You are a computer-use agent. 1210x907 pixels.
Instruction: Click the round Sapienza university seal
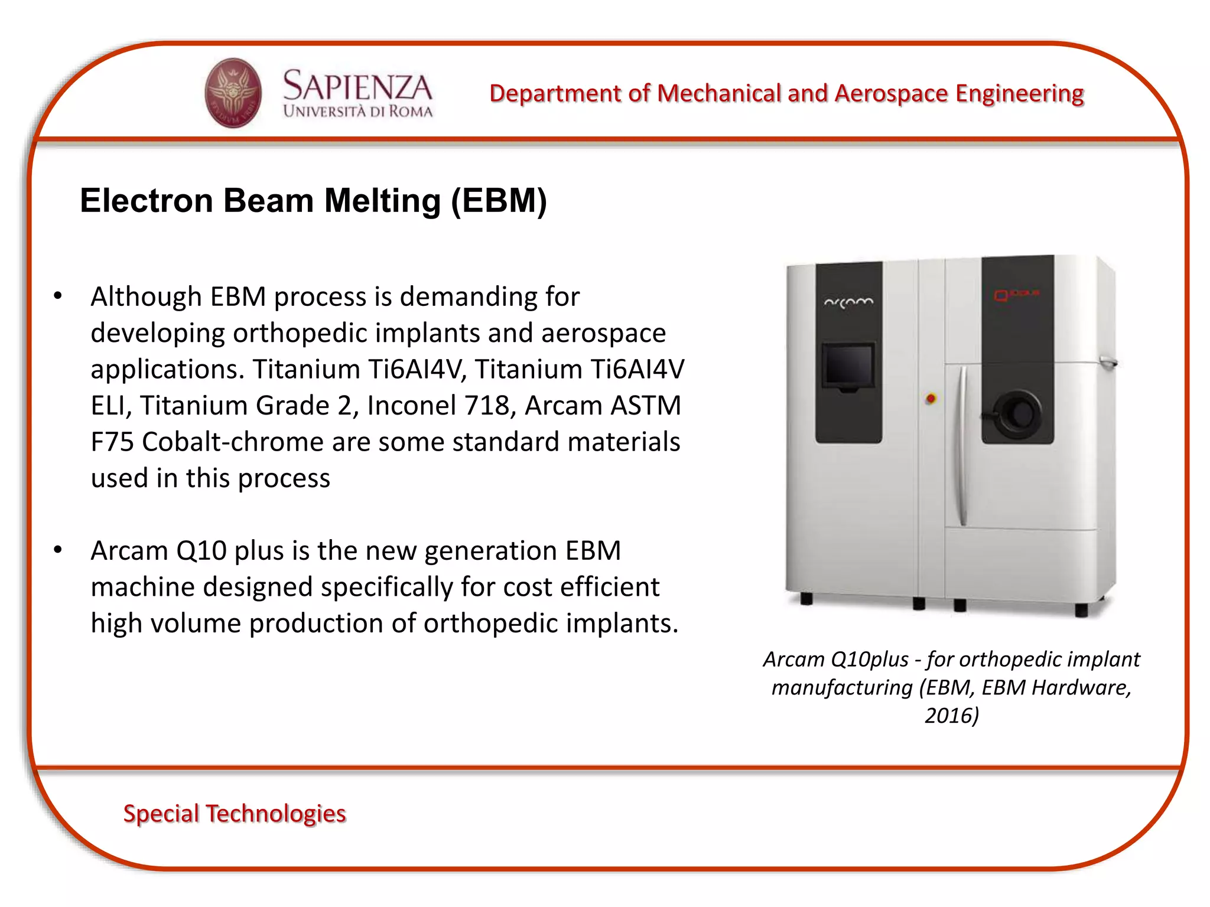point(233,93)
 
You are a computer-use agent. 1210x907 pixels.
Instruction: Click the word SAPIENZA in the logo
point(357,86)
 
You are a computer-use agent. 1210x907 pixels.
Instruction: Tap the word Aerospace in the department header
point(891,94)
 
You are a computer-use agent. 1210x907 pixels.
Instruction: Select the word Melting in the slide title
point(382,201)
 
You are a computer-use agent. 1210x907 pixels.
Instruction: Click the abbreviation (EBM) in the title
point(499,201)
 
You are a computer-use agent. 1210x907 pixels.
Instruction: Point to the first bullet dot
point(57,296)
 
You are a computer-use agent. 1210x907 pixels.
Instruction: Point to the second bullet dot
point(57,550)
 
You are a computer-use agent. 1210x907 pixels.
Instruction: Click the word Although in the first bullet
point(146,296)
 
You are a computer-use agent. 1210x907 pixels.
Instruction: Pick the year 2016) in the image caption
point(951,715)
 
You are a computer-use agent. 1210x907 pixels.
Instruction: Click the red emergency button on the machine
point(931,399)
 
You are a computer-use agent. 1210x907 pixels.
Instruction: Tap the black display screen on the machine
point(848,365)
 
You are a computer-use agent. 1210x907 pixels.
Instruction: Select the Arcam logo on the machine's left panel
point(848,302)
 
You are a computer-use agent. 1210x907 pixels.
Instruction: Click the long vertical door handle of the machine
point(962,446)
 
